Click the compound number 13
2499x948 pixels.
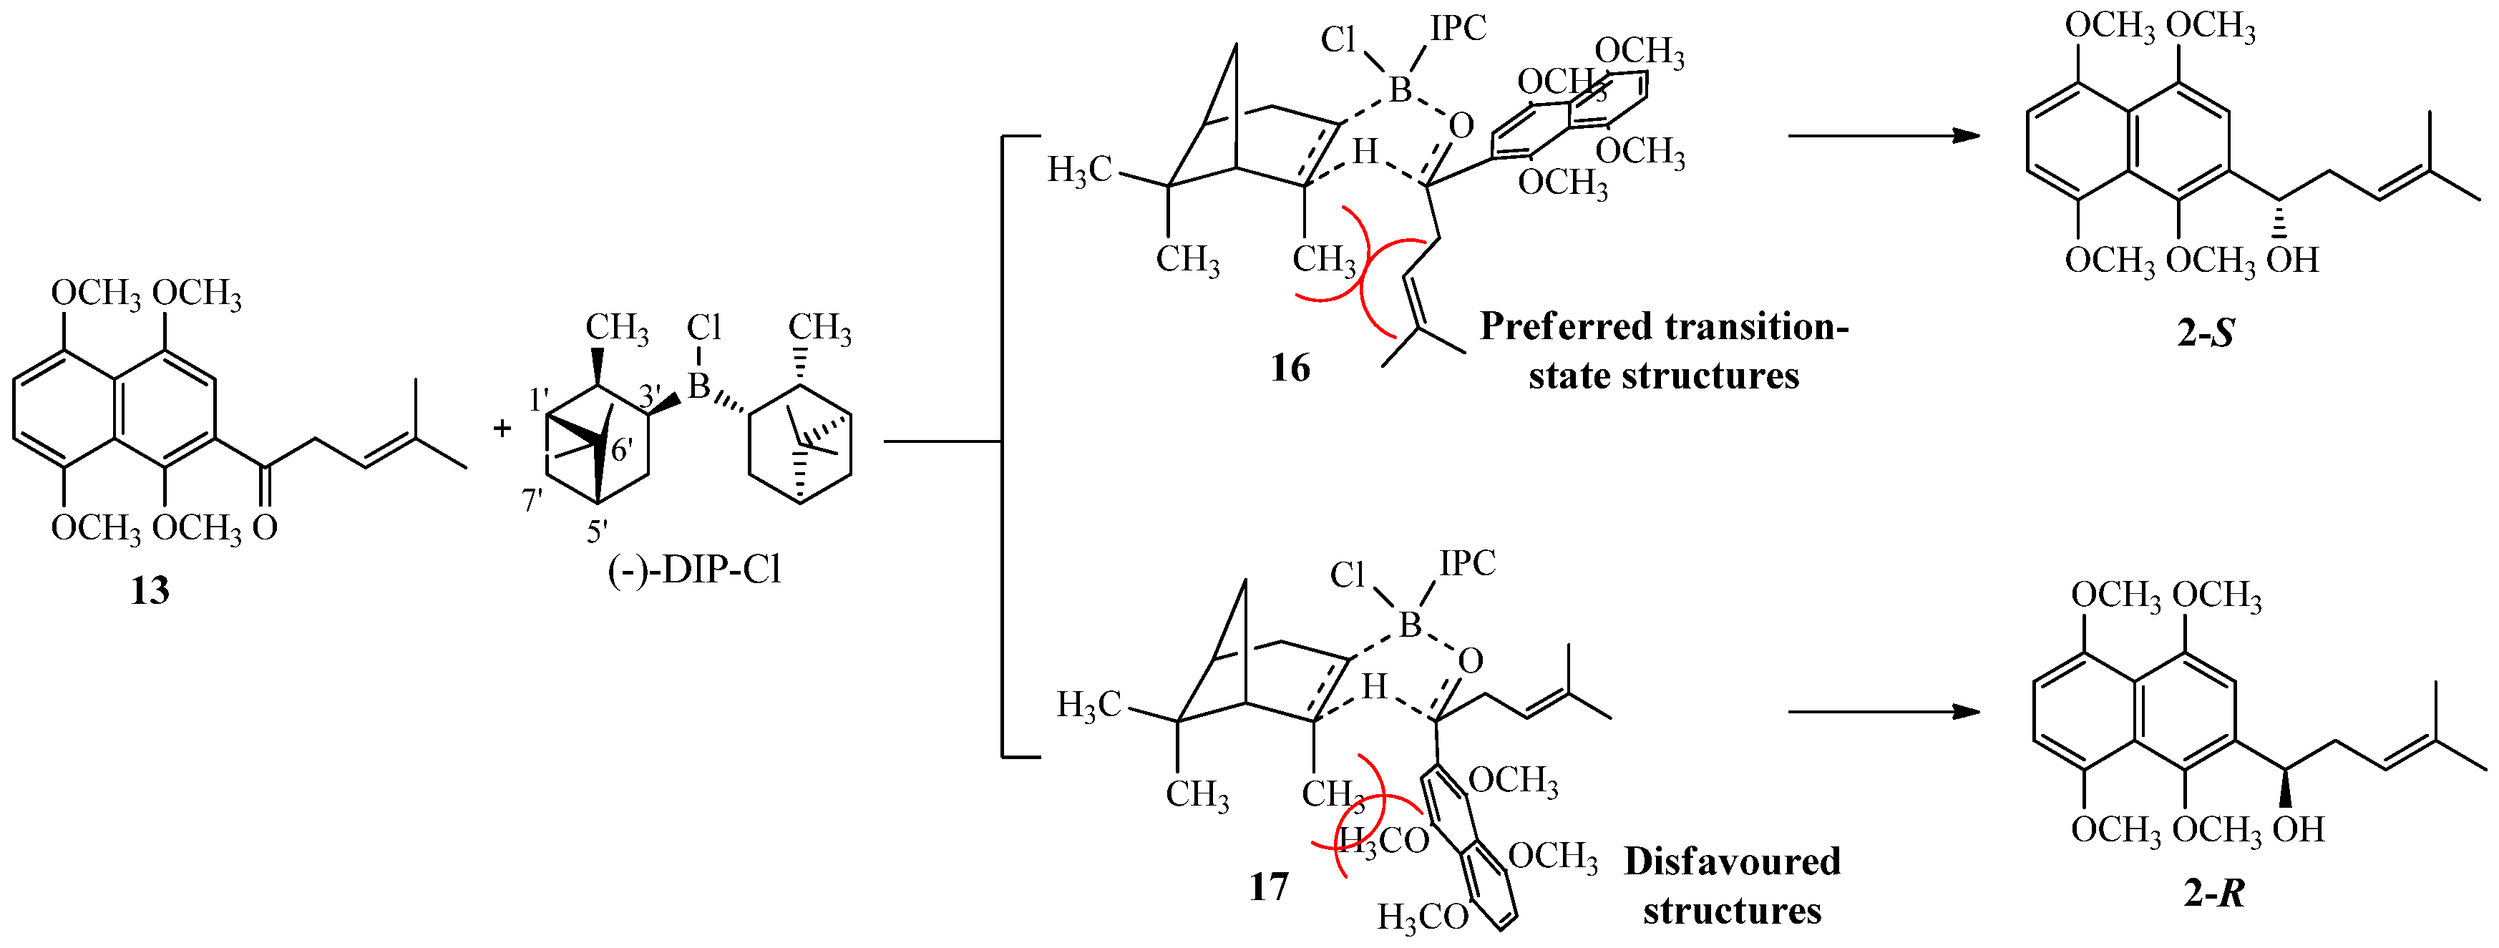click(x=150, y=590)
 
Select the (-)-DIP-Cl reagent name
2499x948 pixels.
click(x=695, y=569)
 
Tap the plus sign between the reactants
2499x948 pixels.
click(x=502, y=428)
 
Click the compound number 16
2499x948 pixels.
click(x=1290, y=368)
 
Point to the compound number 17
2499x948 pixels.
click(x=1269, y=886)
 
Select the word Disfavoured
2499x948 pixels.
click(x=1733, y=861)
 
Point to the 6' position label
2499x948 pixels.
click(x=622, y=451)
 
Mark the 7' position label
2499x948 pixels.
click(x=532, y=501)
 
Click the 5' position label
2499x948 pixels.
click(x=597, y=531)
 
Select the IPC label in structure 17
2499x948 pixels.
click(x=1468, y=563)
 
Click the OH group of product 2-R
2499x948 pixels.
click(x=2299, y=830)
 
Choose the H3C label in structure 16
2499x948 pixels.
click(x=1078, y=171)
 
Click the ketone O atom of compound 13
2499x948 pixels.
click(x=265, y=528)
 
